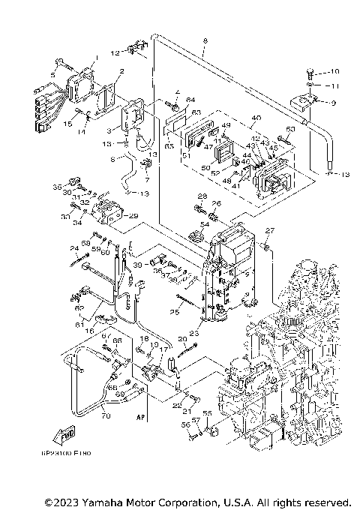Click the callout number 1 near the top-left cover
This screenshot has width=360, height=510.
[x=95, y=58]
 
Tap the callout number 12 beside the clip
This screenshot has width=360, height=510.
[x=115, y=52]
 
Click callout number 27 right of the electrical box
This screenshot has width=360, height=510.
[x=271, y=230]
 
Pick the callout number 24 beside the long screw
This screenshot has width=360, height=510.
[x=74, y=248]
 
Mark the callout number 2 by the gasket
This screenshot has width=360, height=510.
[x=121, y=72]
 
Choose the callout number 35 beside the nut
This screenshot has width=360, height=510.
[x=56, y=186]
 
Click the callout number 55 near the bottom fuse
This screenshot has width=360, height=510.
[x=208, y=413]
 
